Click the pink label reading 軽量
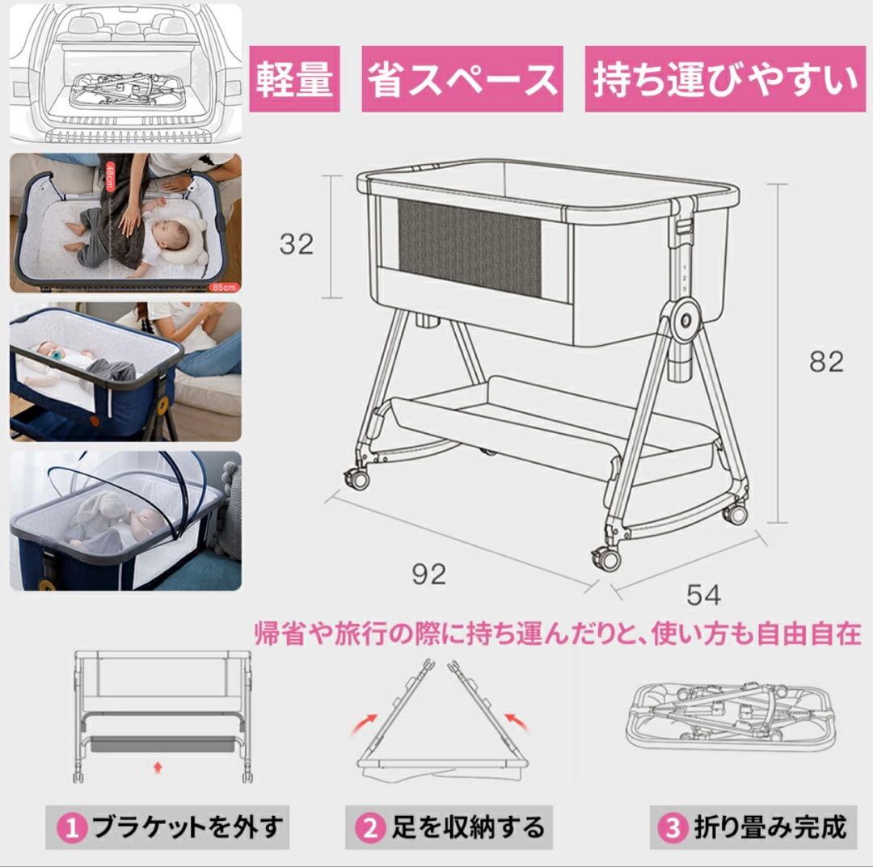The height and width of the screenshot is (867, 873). tap(294, 79)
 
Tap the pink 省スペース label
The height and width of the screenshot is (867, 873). tap(462, 79)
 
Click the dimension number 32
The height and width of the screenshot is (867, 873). tap(296, 243)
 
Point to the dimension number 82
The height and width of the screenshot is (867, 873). tap(826, 361)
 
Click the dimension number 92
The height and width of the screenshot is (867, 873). tap(428, 574)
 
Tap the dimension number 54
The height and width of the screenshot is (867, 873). tap(703, 595)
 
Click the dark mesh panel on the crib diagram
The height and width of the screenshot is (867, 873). tap(469, 251)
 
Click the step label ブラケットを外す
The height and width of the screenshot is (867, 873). tap(187, 827)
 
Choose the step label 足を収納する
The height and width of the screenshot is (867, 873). tap(468, 827)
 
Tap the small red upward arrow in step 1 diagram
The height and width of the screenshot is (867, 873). tap(158, 762)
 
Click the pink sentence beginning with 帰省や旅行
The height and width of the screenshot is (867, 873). tap(558, 632)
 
